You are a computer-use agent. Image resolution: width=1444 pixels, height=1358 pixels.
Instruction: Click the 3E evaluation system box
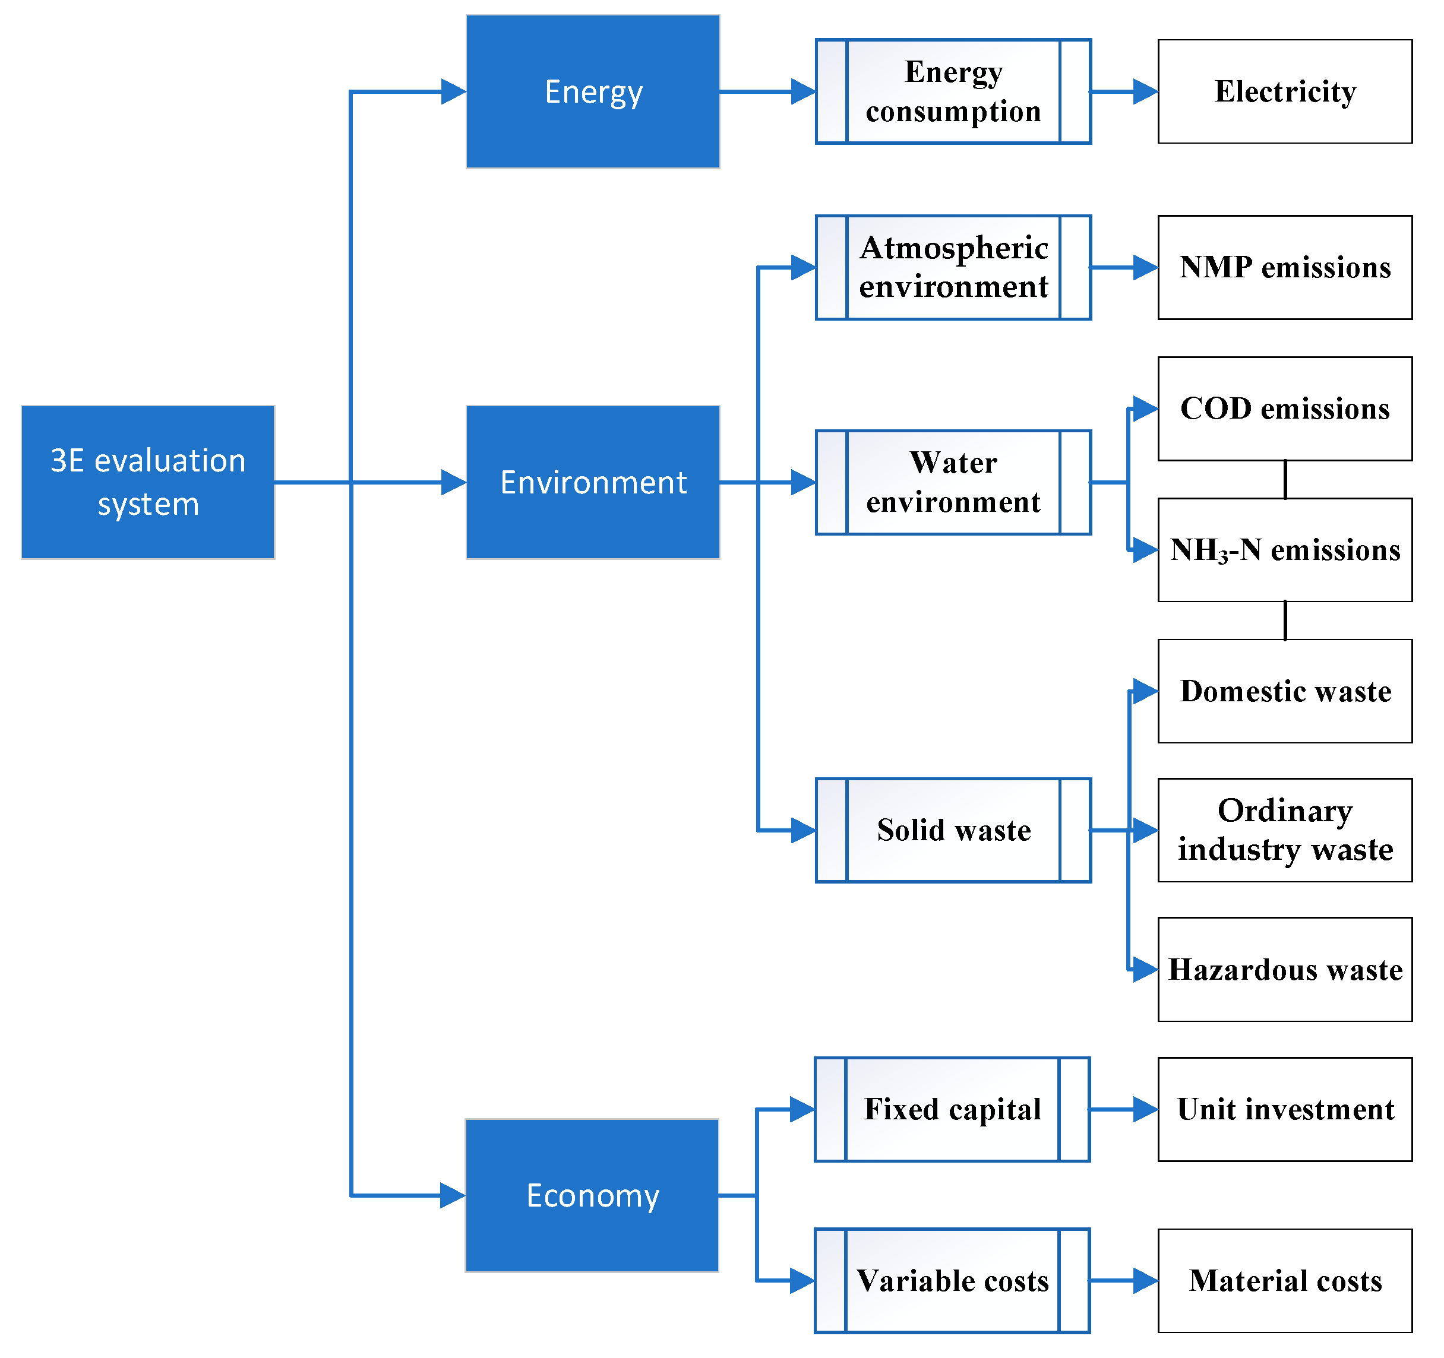pyautogui.click(x=148, y=482)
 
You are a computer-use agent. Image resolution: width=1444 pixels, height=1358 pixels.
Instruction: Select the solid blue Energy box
pyautogui.click(x=593, y=91)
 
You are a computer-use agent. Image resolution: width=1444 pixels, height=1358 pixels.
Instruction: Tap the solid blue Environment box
pyautogui.click(x=593, y=482)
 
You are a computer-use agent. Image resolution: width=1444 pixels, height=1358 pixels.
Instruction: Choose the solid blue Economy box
pyautogui.click(x=592, y=1195)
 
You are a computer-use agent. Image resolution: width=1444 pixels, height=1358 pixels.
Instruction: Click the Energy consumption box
pyautogui.click(x=953, y=91)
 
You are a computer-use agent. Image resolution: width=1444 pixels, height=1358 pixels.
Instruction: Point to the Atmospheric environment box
pyautogui.click(x=953, y=267)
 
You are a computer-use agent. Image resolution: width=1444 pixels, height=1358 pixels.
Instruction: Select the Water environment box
pyautogui.click(x=953, y=482)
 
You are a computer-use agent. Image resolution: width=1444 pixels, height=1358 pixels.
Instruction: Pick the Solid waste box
pyautogui.click(x=953, y=830)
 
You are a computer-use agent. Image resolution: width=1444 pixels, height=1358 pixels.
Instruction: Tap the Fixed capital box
pyautogui.click(x=952, y=1109)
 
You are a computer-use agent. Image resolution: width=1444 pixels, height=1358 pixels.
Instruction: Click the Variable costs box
pyautogui.click(x=952, y=1280)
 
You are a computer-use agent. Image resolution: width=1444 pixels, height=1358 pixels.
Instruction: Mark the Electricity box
pyautogui.click(x=1285, y=91)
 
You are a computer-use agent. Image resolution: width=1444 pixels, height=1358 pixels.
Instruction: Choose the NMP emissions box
pyautogui.click(x=1285, y=267)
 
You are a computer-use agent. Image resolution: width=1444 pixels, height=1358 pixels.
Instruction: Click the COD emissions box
pyautogui.click(x=1285, y=409)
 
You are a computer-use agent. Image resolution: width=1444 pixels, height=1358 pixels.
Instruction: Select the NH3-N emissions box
pyautogui.click(x=1285, y=550)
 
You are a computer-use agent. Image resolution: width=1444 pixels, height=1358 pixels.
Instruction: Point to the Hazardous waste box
pyautogui.click(x=1285, y=970)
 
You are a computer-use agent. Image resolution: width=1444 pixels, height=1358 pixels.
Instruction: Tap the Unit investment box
pyautogui.click(x=1285, y=1109)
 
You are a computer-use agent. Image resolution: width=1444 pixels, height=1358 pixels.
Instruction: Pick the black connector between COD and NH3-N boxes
pyautogui.click(x=1285, y=479)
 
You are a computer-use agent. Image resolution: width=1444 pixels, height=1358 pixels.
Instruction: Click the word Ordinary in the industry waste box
pyautogui.click(x=1285, y=811)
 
